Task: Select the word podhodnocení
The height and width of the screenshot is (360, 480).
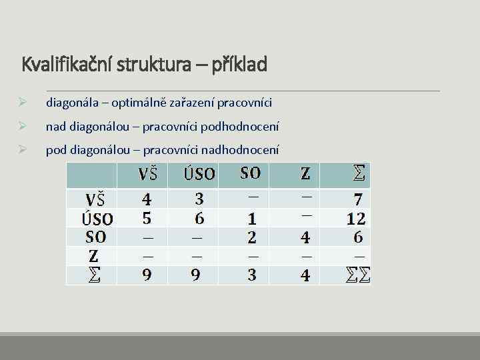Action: pyautogui.click(x=241, y=126)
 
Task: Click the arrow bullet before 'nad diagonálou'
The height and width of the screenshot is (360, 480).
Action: pyautogui.click(x=23, y=126)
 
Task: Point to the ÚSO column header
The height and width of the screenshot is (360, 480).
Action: pyautogui.click(x=199, y=175)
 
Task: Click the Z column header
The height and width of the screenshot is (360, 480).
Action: pyautogui.click(x=305, y=175)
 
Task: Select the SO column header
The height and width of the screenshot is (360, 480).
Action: pyautogui.click(x=251, y=173)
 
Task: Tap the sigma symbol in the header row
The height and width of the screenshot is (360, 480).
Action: pyautogui.click(x=359, y=175)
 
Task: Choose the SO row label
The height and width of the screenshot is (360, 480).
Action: pyautogui.click(x=96, y=237)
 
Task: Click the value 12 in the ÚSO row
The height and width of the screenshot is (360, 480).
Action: pyautogui.click(x=356, y=218)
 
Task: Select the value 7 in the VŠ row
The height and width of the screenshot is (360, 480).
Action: pyautogui.click(x=358, y=199)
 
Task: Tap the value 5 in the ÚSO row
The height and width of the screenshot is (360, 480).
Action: pyautogui.click(x=147, y=218)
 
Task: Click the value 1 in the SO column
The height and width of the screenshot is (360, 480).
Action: pyautogui.click(x=251, y=219)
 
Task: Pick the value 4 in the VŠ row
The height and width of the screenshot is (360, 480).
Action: pyautogui.click(x=147, y=199)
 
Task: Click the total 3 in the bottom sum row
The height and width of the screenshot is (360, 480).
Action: pyautogui.click(x=251, y=275)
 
